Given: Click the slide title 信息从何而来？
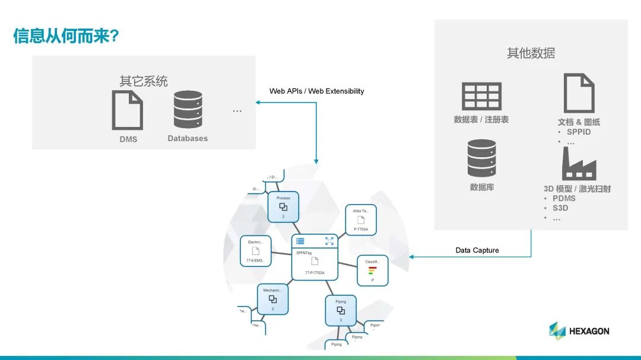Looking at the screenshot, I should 66,36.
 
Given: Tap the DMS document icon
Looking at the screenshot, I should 128,110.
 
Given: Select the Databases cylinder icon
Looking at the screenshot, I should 188,110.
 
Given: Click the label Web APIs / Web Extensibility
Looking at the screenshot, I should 316,91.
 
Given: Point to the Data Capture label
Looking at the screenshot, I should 477,250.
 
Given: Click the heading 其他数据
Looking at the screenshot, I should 531,53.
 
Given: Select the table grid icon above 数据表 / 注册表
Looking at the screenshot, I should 481,96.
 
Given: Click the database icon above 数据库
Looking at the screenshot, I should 481,158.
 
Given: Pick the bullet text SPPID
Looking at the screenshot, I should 579,132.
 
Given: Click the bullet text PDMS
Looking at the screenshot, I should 564,199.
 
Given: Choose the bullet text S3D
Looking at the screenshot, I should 560,208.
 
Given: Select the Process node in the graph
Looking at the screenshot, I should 283,206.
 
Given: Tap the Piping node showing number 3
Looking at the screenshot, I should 341,310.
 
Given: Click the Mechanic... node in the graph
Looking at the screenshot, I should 272,299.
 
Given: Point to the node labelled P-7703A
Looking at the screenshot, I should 361,219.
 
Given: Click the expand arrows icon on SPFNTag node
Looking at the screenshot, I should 329,241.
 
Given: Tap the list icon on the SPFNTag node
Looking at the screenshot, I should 300,241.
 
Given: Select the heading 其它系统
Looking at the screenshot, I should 144,81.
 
